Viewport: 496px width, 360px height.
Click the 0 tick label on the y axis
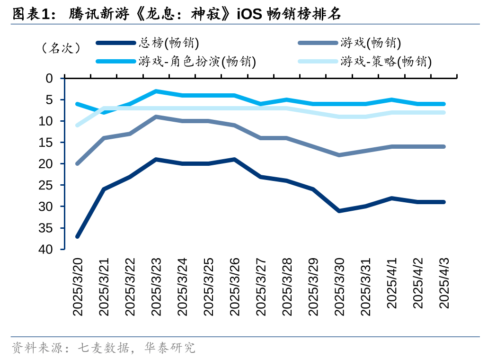pos(50,78)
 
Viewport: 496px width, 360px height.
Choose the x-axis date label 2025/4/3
pos(444,282)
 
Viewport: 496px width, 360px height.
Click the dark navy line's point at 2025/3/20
pos(78,236)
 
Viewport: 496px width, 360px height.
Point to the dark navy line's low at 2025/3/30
pos(339,211)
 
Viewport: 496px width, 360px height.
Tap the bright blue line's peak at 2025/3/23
pos(156,91)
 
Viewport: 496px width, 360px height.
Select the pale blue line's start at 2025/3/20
pos(78,125)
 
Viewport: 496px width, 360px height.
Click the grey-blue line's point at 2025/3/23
pos(156,117)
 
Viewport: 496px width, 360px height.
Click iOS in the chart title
pos(249,14)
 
